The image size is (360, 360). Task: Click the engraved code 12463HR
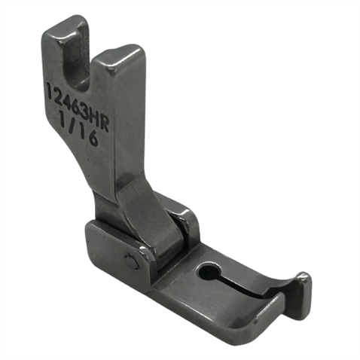tap(78, 106)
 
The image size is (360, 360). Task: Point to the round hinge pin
tap(131, 262)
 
